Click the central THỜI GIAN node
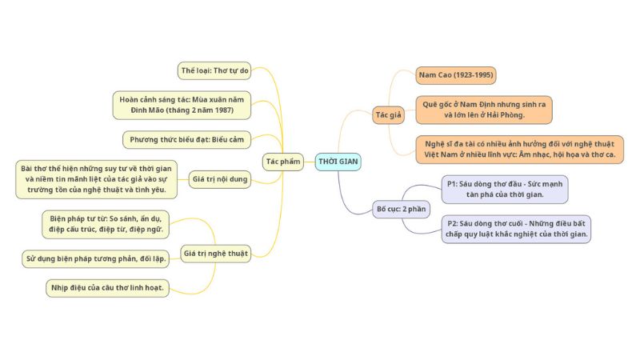[x=338, y=162]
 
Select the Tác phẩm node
[x=283, y=162]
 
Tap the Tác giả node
[x=389, y=115]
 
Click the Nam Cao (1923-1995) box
[x=456, y=75]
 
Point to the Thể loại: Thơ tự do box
[x=215, y=71]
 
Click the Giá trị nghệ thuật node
[x=215, y=254]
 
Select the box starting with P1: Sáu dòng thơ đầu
[x=505, y=189]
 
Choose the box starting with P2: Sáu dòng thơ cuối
[x=517, y=228]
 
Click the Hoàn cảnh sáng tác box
[x=181, y=104]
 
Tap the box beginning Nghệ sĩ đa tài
[x=519, y=149]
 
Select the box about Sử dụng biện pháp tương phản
[x=95, y=258]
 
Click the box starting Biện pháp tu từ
[x=106, y=223]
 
